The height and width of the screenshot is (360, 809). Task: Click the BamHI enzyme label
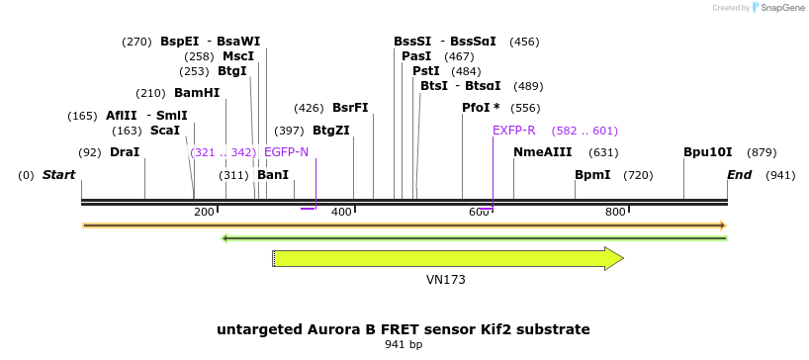(x=197, y=93)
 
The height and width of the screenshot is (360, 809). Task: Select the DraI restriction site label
(x=125, y=152)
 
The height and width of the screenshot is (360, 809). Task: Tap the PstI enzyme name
(x=426, y=71)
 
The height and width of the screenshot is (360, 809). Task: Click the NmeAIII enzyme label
(x=543, y=152)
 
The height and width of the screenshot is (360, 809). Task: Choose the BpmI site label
(x=592, y=175)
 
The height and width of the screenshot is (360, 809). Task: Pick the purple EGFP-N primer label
(x=286, y=152)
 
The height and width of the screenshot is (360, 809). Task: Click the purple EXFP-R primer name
(x=514, y=131)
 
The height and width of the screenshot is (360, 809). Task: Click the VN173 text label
(x=446, y=280)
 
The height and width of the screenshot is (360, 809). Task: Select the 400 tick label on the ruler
(x=341, y=212)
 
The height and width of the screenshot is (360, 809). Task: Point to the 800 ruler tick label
(x=615, y=212)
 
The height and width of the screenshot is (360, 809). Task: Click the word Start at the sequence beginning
(x=58, y=175)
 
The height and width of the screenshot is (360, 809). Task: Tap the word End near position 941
(x=740, y=175)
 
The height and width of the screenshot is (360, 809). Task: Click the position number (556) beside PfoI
(x=525, y=109)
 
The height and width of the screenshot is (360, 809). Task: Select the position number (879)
(x=762, y=152)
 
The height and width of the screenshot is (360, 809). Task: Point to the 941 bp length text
(x=404, y=344)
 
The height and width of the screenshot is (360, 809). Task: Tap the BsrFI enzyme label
(x=350, y=109)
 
